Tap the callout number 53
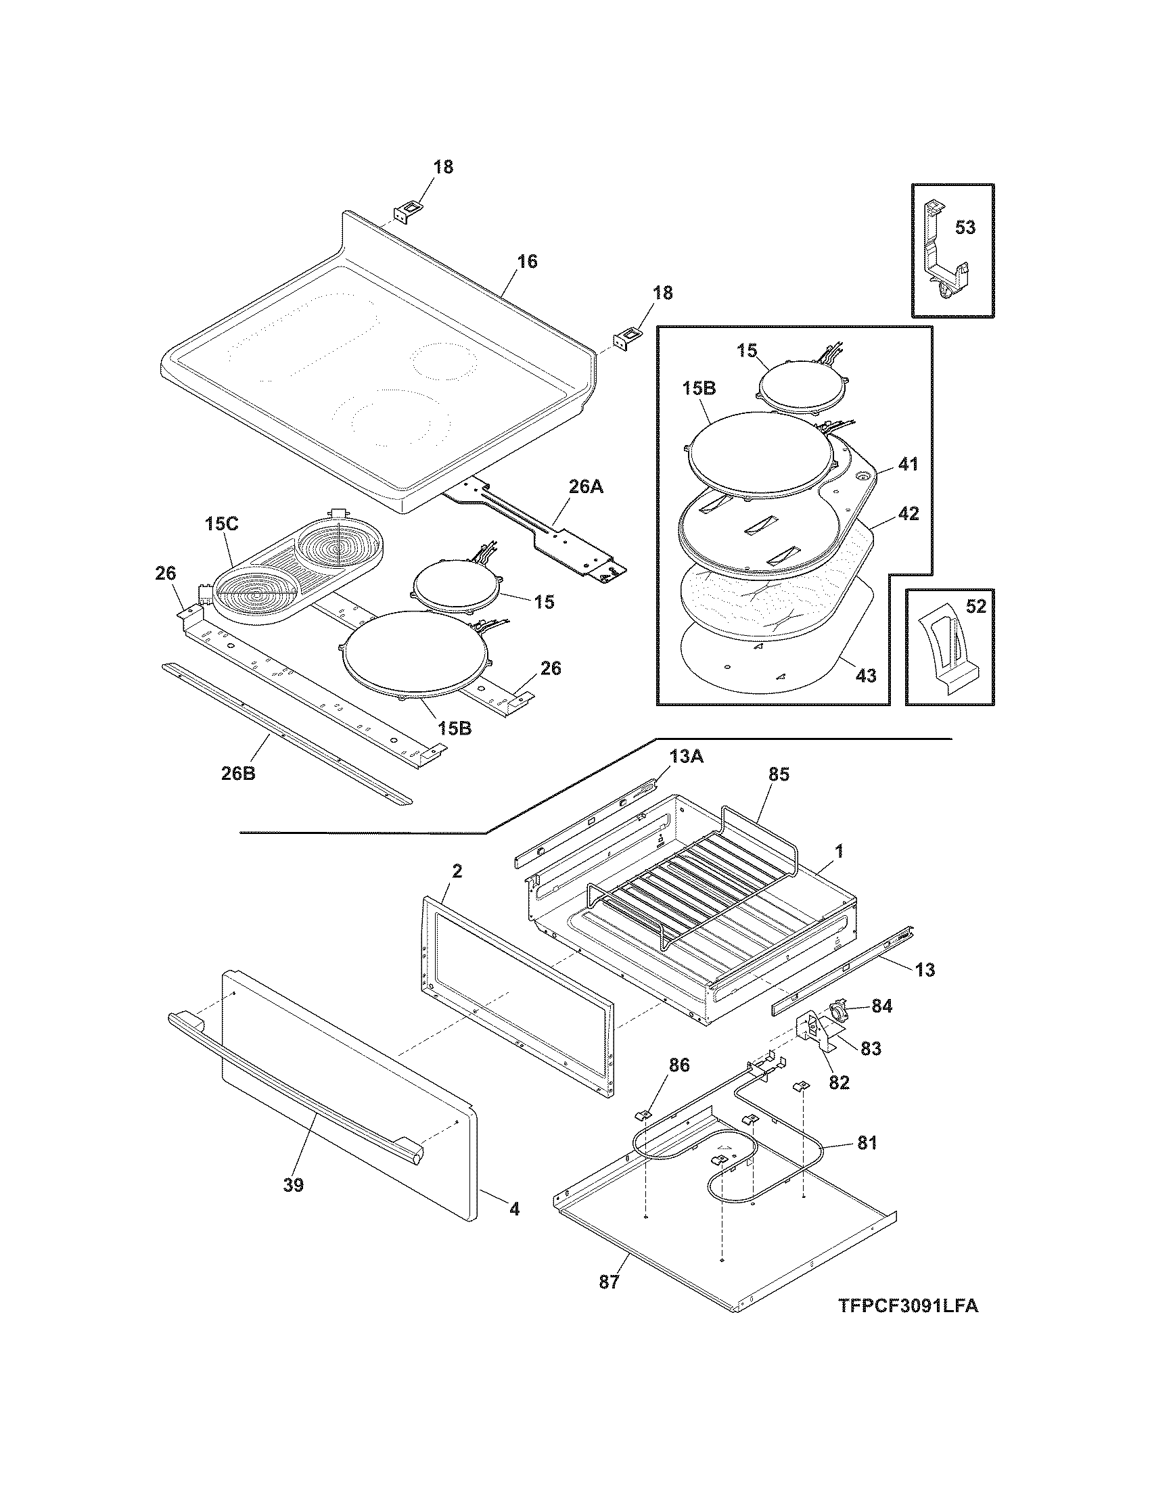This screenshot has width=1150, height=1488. click(x=965, y=227)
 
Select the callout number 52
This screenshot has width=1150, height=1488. click(x=975, y=607)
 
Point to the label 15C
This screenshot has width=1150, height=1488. click(x=221, y=525)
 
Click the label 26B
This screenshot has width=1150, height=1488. click(x=237, y=773)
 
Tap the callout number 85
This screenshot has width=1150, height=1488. click(x=778, y=774)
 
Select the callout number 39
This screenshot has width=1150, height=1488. click(x=293, y=1186)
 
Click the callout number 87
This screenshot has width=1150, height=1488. click(x=609, y=1282)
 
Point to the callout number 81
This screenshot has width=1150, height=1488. click(x=867, y=1142)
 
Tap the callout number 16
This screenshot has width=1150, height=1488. click(x=526, y=261)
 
